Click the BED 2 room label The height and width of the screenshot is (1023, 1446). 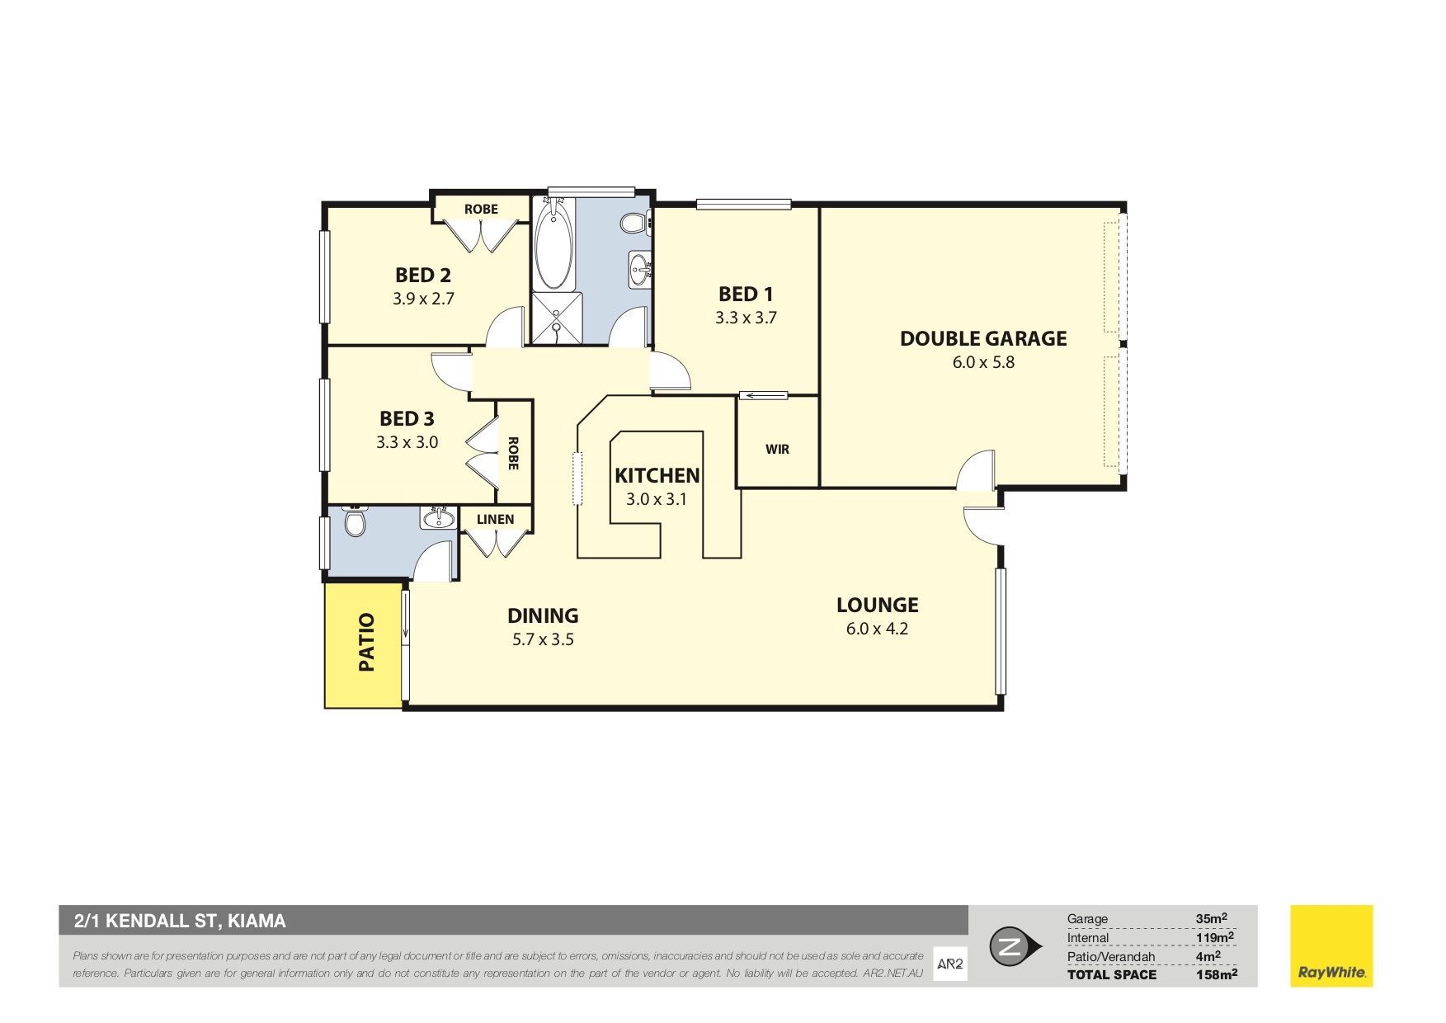422,275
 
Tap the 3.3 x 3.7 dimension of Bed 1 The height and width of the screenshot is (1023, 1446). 746,318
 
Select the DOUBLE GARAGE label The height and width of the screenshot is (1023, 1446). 983,338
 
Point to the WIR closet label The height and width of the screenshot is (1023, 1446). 777,450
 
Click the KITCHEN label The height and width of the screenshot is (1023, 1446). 657,475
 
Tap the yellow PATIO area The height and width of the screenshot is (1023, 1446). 363,645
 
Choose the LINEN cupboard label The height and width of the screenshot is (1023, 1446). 495,519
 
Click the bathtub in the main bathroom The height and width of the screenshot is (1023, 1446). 553,244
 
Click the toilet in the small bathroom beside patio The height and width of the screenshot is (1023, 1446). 355,521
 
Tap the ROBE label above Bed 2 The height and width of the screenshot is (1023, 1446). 481,210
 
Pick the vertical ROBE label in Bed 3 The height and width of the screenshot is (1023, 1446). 512,454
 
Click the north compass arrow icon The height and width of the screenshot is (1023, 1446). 1014,946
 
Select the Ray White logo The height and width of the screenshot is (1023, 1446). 1331,945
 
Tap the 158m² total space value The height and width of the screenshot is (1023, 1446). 1217,974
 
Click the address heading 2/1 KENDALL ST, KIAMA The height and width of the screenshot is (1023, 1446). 180,921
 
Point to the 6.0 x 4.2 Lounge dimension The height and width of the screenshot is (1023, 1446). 877,629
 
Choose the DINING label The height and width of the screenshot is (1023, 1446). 542,615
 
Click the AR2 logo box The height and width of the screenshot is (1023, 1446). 949,964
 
